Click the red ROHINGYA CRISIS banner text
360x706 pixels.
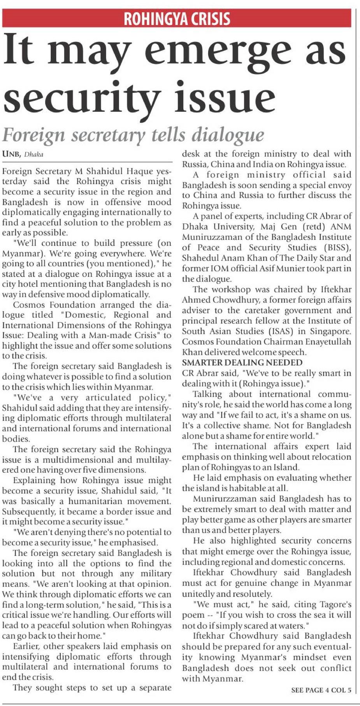[x=177, y=18]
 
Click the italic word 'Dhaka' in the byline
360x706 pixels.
[x=34, y=154]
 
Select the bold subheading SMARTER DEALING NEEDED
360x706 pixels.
[x=242, y=363]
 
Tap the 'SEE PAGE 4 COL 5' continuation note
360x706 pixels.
[x=321, y=690]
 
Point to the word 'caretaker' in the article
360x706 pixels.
[x=255, y=310]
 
